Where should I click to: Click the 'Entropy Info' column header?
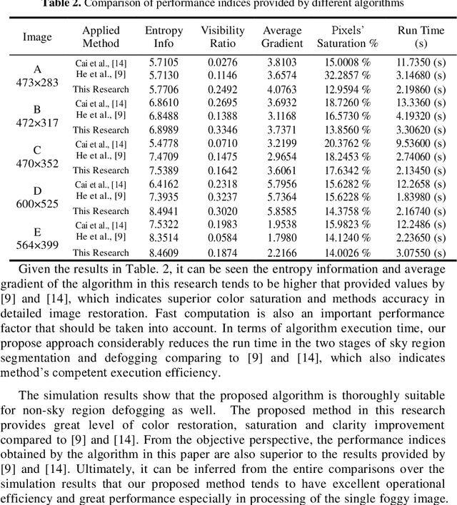[164, 37]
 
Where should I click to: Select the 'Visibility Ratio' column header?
[222, 37]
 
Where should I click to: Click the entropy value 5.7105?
[164, 63]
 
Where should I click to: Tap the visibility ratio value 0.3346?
[222, 130]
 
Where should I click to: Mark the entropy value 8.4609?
[164, 252]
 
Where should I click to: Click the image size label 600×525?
[37, 203]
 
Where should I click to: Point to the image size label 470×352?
[37, 163]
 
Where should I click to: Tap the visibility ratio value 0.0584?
[222, 238]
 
